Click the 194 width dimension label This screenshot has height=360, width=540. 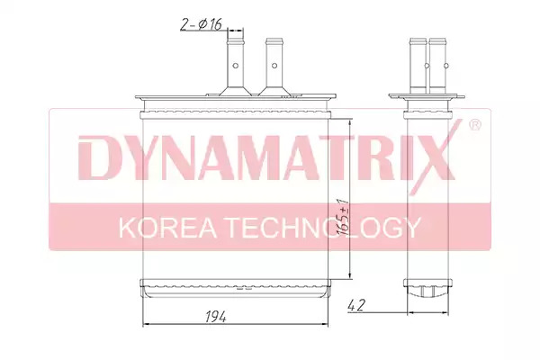(216, 317)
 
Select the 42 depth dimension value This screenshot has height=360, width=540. (355, 306)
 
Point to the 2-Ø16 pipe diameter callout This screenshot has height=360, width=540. (201, 24)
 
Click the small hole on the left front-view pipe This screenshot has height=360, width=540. (236, 66)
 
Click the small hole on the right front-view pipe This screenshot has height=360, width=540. (274, 66)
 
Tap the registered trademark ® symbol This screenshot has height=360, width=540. (475, 125)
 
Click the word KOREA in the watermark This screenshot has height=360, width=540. (167, 228)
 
